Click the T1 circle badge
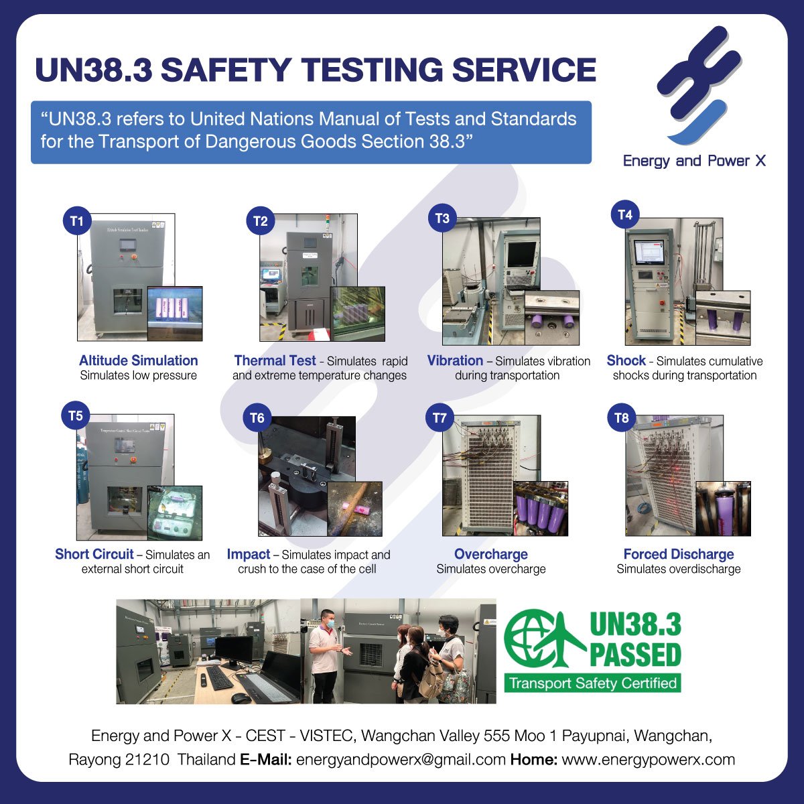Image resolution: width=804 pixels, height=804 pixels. pyautogui.click(x=77, y=221)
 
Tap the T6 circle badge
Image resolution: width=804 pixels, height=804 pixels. pyautogui.click(x=257, y=419)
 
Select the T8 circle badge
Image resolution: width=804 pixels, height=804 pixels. pyautogui.click(x=622, y=419)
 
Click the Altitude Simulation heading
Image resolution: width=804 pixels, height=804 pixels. pyautogui.click(x=139, y=360)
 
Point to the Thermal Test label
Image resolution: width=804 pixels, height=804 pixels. pyautogui.click(x=275, y=360)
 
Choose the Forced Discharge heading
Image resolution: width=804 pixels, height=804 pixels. pyautogui.click(x=679, y=554)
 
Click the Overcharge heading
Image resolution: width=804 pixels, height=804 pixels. pyautogui.click(x=491, y=554)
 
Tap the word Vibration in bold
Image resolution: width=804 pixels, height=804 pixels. pyautogui.click(x=455, y=360)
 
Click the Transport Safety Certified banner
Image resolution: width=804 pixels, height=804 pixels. pyautogui.click(x=592, y=683)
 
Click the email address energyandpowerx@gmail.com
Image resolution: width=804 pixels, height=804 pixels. pyautogui.click(x=401, y=760)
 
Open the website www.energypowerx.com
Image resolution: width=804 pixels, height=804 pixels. pyautogui.click(x=648, y=760)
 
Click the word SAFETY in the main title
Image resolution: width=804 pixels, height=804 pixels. pyautogui.click(x=225, y=70)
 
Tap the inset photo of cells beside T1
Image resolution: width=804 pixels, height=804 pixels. pyautogui.click(x=174, y=313)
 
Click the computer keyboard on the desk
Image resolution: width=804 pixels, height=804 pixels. pyautogui.click(x=219, y=677)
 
